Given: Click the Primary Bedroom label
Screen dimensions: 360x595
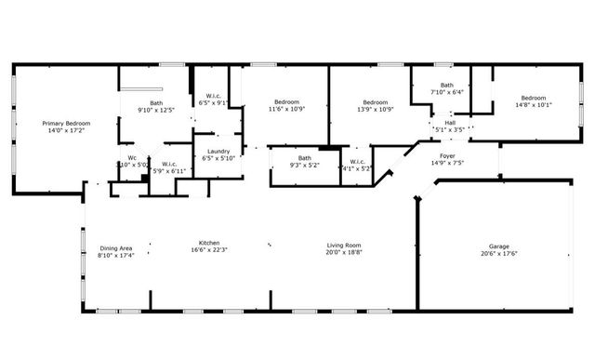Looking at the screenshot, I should pos(64,123).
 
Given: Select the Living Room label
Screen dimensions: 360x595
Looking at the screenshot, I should pos(344,246).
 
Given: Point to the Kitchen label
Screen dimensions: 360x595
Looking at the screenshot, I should pos(208,243).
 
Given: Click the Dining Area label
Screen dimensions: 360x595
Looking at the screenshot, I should pos(116,247).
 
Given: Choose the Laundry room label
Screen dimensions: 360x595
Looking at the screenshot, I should pos(219,151).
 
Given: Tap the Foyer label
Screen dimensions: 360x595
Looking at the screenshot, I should pos(447,155).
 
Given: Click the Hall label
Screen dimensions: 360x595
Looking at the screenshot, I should pos(450,123).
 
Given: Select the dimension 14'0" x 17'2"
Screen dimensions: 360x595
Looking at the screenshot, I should pos(64,131).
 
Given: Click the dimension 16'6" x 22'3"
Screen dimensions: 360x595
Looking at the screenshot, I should pos(208,250).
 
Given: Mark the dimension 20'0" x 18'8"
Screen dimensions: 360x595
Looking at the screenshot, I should pos(344,253).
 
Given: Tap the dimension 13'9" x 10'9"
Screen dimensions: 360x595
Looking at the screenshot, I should pos(375,110).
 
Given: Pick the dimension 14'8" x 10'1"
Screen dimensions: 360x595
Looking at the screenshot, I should pos(533,106).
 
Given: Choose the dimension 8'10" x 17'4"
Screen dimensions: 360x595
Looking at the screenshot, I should pos(116,255).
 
